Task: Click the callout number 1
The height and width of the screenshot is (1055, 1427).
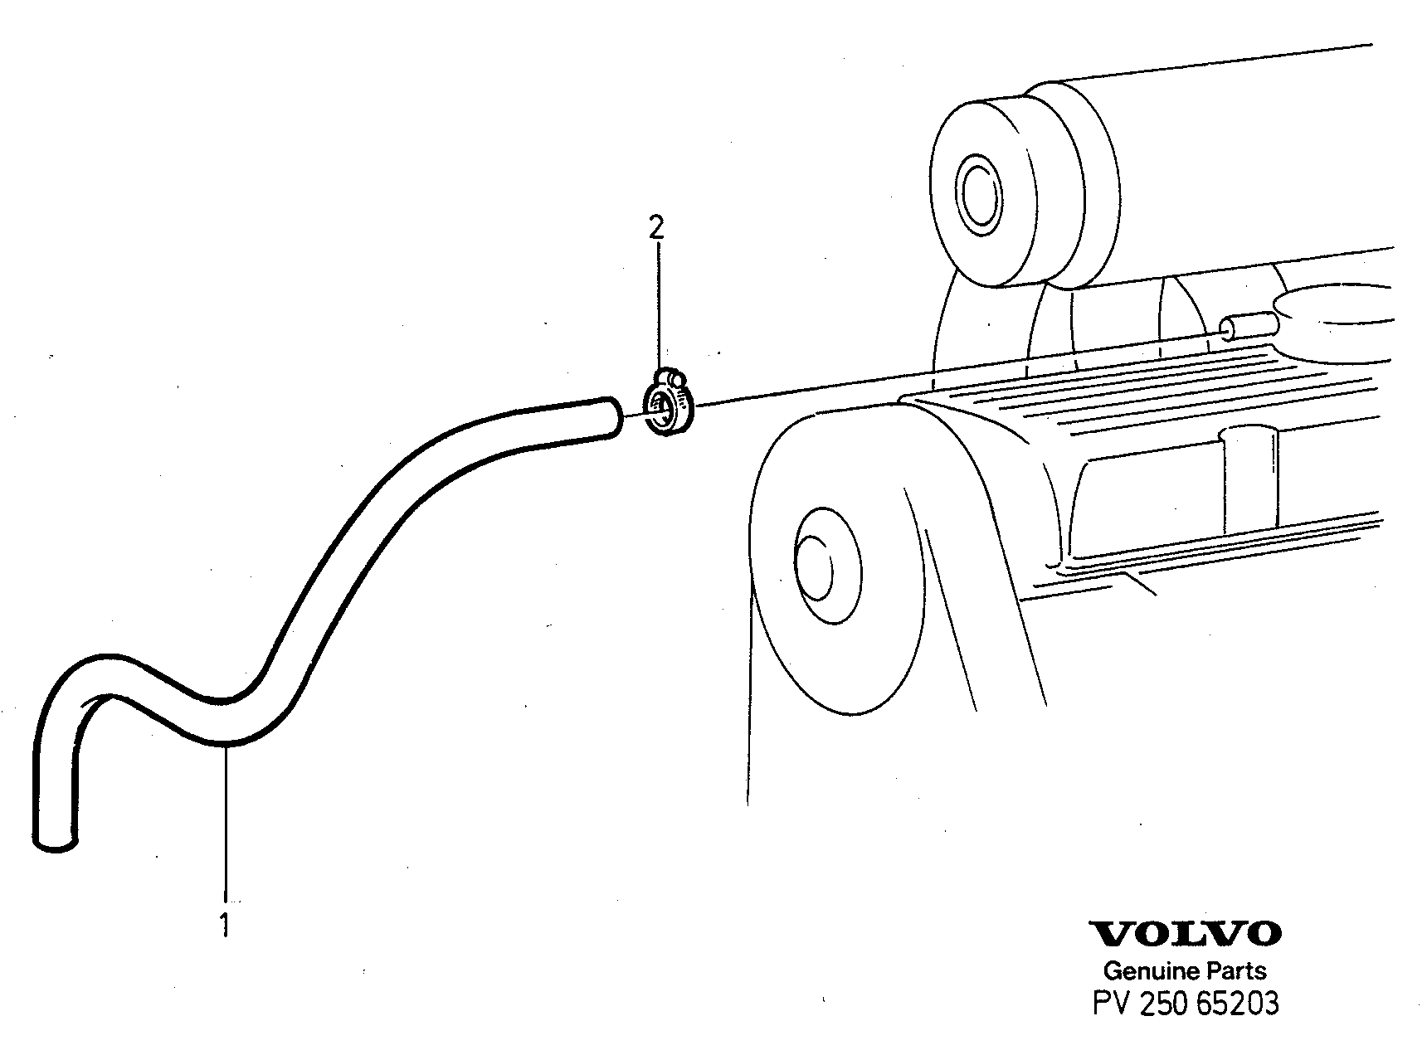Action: [x=224, y=925]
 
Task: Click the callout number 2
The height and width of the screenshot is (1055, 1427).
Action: [x=656, y=227]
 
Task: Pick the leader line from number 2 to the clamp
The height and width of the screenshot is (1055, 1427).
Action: [x=658, y=308]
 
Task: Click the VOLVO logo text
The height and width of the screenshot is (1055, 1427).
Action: [x=1186, y=934]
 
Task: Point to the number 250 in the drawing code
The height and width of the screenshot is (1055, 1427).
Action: [x=1166, y=1004]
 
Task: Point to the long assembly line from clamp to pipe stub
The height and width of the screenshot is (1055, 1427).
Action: [x=958, y=370]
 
